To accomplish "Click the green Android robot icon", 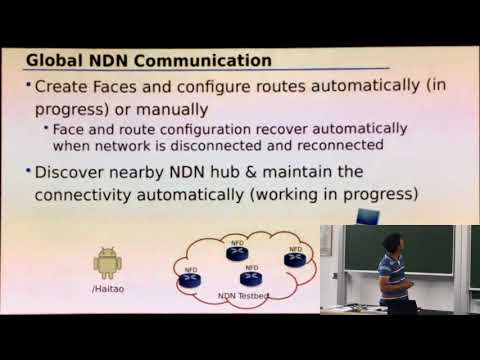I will [106, 263].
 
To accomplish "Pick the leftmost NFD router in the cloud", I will [190, 280].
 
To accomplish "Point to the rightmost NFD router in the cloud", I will [294, 259].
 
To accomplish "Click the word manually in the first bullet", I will [182, 107].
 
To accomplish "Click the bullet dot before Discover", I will [29, 172].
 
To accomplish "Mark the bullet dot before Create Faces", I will [29, 87].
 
